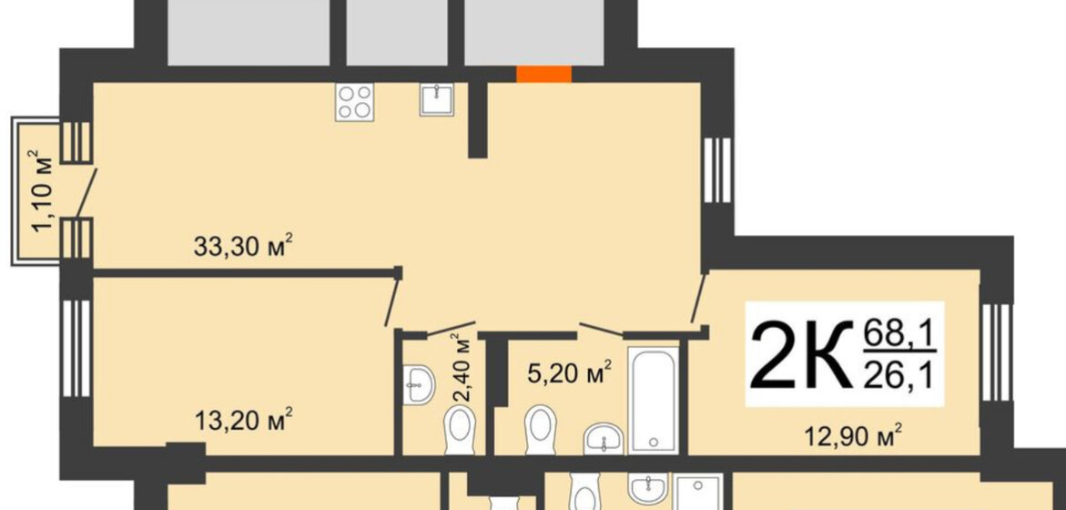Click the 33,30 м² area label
243,246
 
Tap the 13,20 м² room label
243,420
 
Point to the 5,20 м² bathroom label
570,372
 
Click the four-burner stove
354,102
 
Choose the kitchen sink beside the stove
436,99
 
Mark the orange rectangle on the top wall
543,74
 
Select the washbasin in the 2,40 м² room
418,385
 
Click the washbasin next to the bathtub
604,438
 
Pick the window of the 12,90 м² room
997,352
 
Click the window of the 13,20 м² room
76,348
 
